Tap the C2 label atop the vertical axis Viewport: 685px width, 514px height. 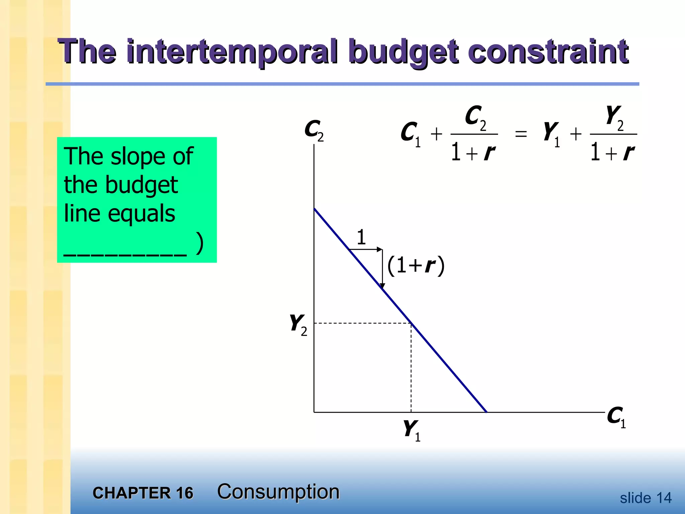click(314, 131)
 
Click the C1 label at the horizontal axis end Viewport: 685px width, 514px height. click(616, 417)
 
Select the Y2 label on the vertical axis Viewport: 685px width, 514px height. click(298, 324)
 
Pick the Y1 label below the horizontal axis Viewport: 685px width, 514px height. click(411, 430)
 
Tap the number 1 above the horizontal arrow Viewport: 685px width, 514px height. click(361, 237)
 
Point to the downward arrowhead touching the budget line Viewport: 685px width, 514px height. click(382, 286)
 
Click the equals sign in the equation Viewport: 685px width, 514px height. click(521, 135)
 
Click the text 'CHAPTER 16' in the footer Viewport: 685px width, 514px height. click(143, 493)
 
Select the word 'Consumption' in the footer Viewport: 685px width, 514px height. click(278, 492)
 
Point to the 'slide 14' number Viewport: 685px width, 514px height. click(646, 498)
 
